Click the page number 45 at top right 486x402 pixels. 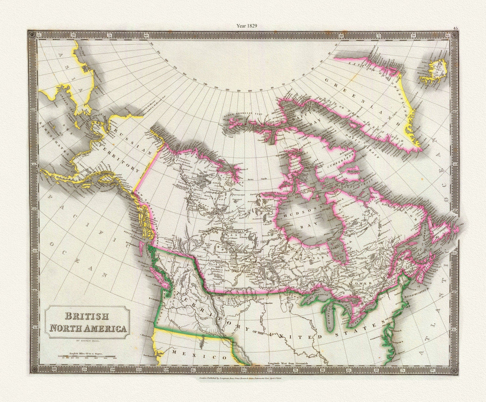point(455,29)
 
